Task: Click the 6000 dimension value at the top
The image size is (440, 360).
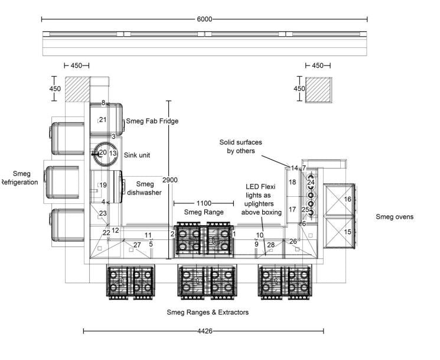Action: click(204, 19)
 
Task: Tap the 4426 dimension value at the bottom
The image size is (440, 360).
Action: click(204, 331)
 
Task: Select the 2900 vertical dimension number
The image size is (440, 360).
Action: click(170, 179)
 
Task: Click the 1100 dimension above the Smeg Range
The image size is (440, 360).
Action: click(204, 203)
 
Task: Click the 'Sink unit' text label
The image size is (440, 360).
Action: click(137, 155)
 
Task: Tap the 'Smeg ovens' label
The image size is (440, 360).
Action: click(395, 217)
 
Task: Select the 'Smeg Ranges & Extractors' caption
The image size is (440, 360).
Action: click(207, 312)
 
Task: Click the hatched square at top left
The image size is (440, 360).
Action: click(77, 89)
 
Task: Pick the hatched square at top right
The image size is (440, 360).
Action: click(318, 89)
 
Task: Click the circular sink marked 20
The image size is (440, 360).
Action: click(103, 153)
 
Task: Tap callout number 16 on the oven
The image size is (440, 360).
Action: click(348, 199)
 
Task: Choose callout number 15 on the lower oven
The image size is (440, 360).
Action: click(348, 232)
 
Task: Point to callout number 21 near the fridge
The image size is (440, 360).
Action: click(103, 119)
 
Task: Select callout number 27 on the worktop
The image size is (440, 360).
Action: click(137, 245)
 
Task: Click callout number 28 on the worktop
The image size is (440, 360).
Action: click(271, 245)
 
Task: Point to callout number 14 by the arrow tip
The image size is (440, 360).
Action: click(294, 168)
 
